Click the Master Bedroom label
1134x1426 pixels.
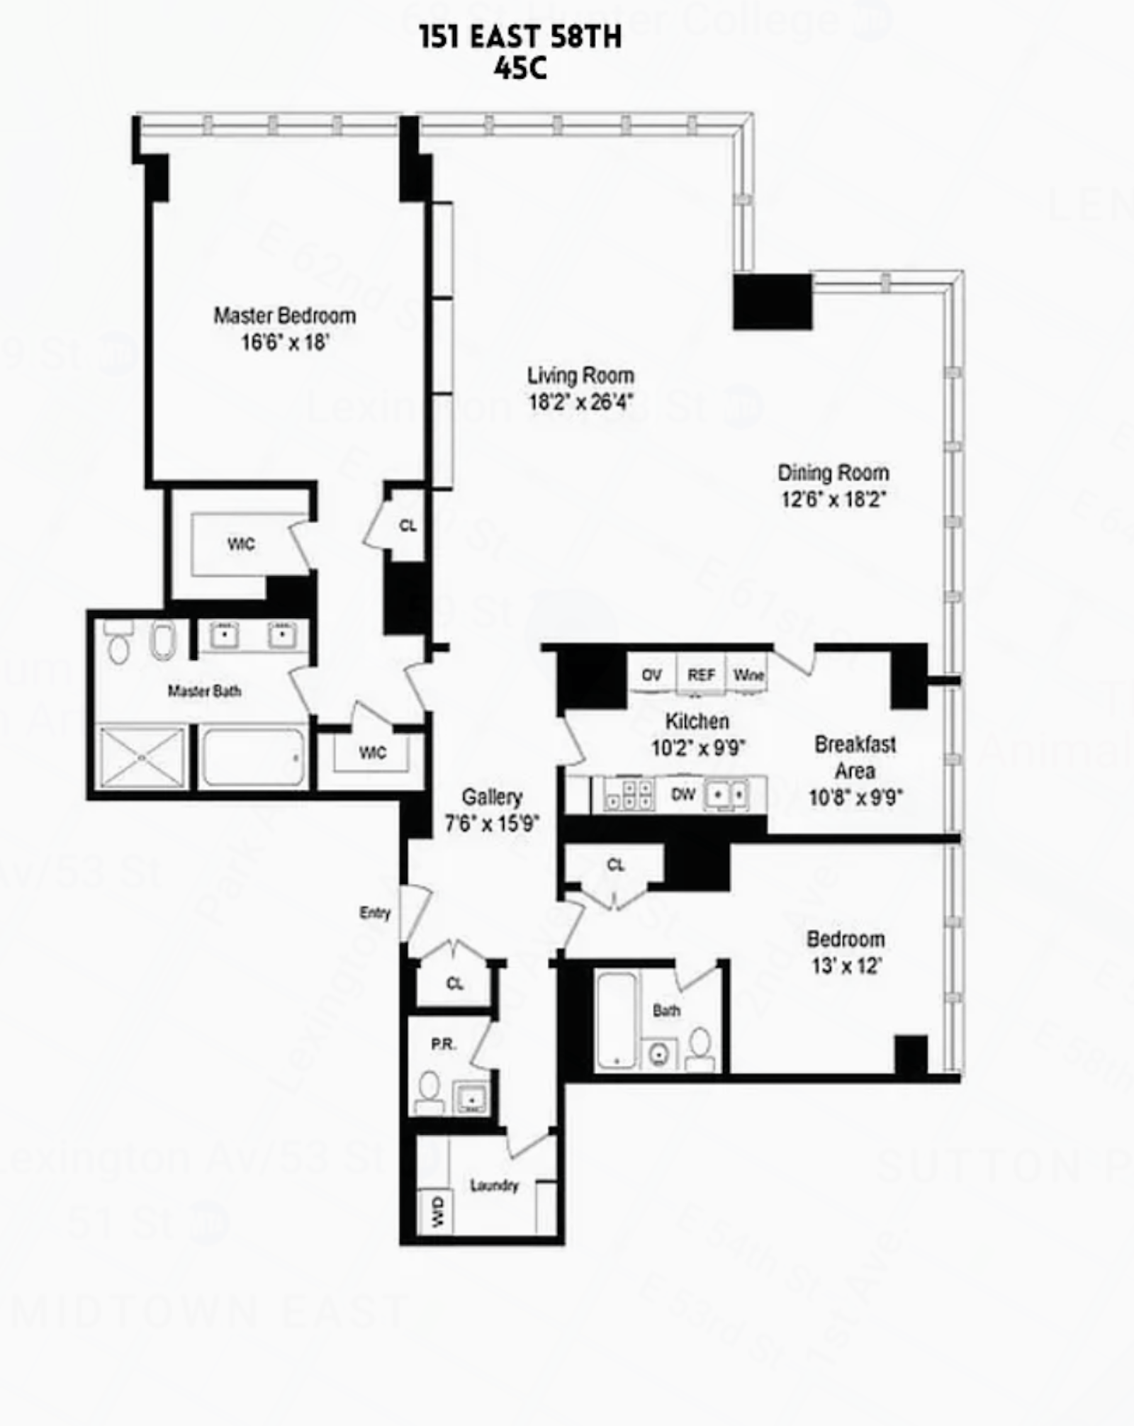pos(284,315)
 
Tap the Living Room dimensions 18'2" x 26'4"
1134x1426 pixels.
pos(580,403)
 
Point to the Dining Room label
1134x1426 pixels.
pos(833,473)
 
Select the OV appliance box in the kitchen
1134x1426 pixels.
pos(651,675)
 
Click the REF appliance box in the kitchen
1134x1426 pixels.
pos(701,675)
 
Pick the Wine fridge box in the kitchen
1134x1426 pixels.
pos(748,675)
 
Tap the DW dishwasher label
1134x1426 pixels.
pos(683,795)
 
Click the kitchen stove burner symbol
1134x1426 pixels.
pos(629,795)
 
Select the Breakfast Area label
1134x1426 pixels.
pos(855,757)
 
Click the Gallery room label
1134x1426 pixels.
pos(492,797)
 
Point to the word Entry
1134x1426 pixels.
pos(375,913)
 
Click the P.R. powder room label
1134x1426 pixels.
pos(444,1044)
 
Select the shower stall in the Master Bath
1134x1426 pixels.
pos(142,757)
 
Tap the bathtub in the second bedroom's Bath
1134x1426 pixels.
pos(616,1021)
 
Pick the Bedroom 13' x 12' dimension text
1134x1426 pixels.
pos(846,966)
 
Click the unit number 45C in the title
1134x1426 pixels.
pos(520,69)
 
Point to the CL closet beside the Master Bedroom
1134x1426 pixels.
pos(408,526)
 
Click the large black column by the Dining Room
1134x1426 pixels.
pos(772,301)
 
